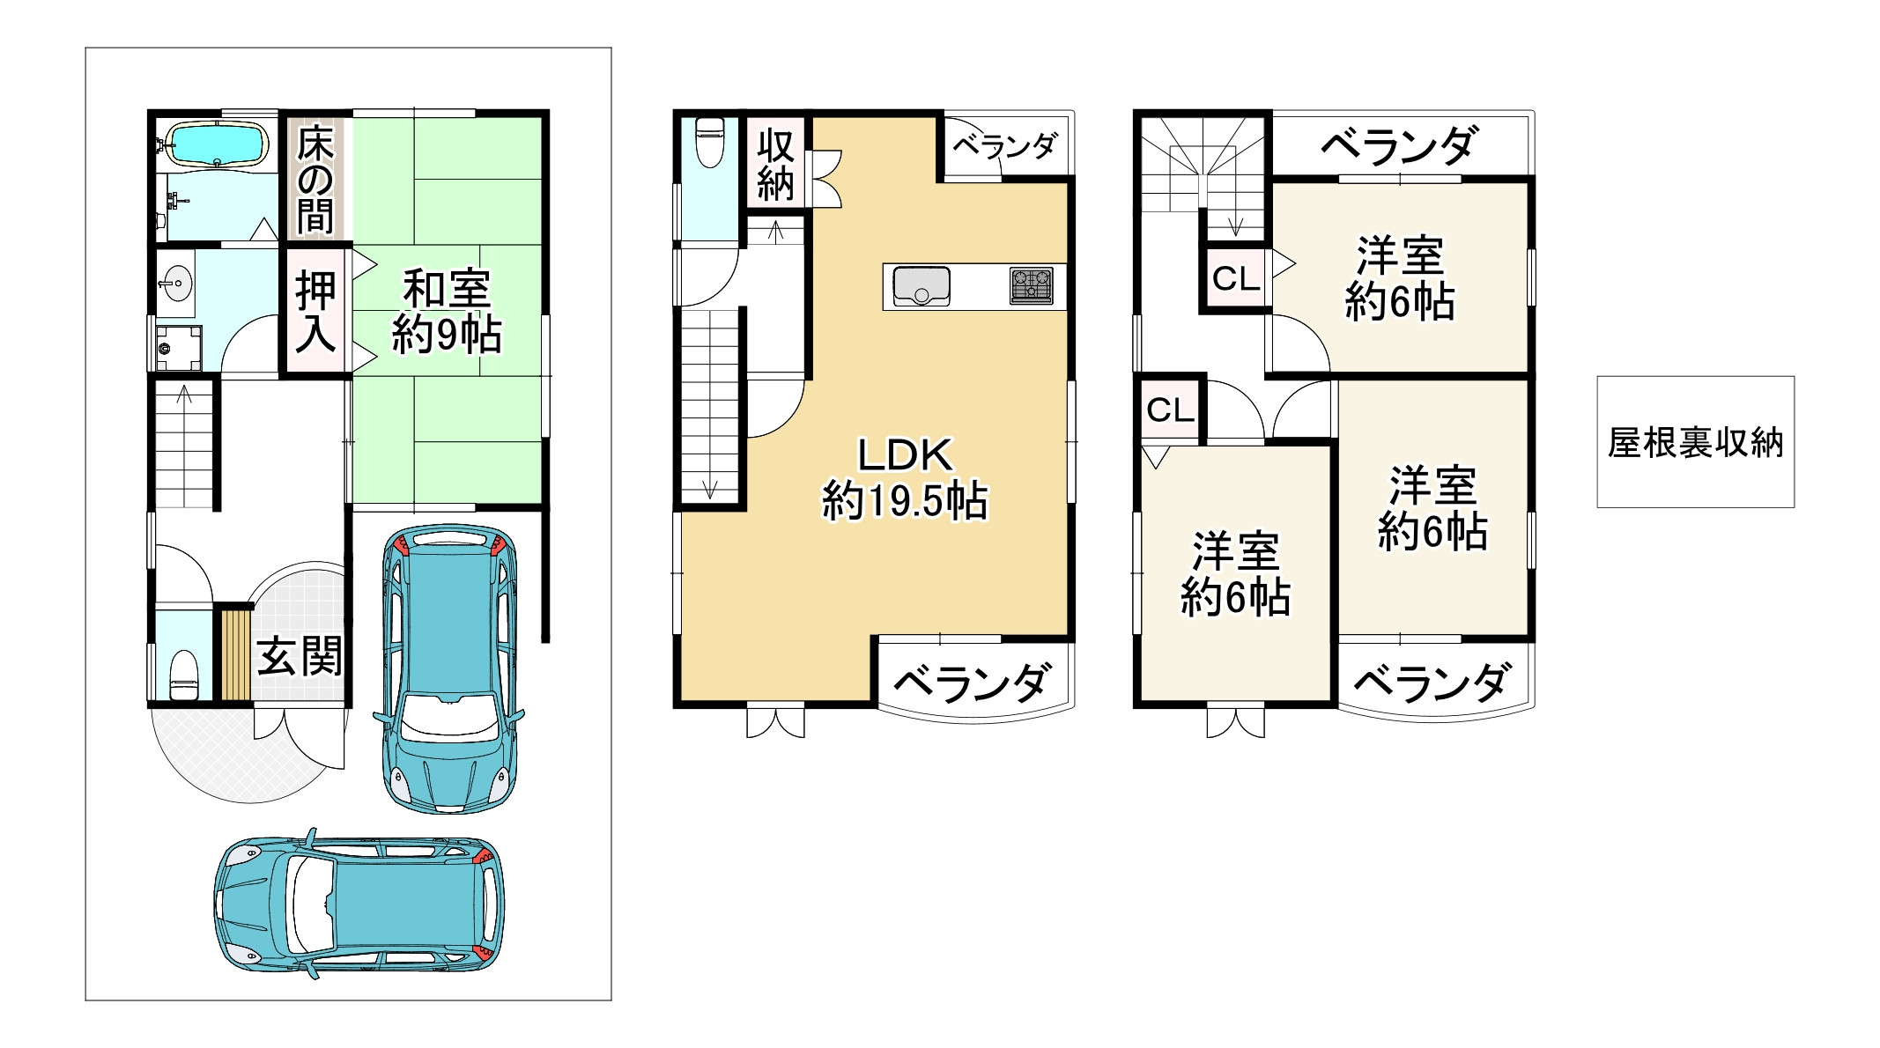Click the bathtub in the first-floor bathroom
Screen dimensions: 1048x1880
217,144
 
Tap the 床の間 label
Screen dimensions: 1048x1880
315,181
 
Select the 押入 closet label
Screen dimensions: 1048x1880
315,312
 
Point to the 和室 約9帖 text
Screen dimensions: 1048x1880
447,312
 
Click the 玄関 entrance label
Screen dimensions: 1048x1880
300,656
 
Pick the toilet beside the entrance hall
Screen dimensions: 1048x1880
183,674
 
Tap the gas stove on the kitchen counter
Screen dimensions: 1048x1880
1032,286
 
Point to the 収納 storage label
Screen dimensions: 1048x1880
775,165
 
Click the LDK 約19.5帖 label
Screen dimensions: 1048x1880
905,478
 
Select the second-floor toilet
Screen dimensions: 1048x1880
709,143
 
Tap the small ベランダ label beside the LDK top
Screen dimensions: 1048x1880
1005,145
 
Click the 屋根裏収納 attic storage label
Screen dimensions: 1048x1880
1695,442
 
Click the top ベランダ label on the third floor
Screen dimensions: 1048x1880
1398,145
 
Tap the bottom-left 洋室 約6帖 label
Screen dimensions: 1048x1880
1235,574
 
